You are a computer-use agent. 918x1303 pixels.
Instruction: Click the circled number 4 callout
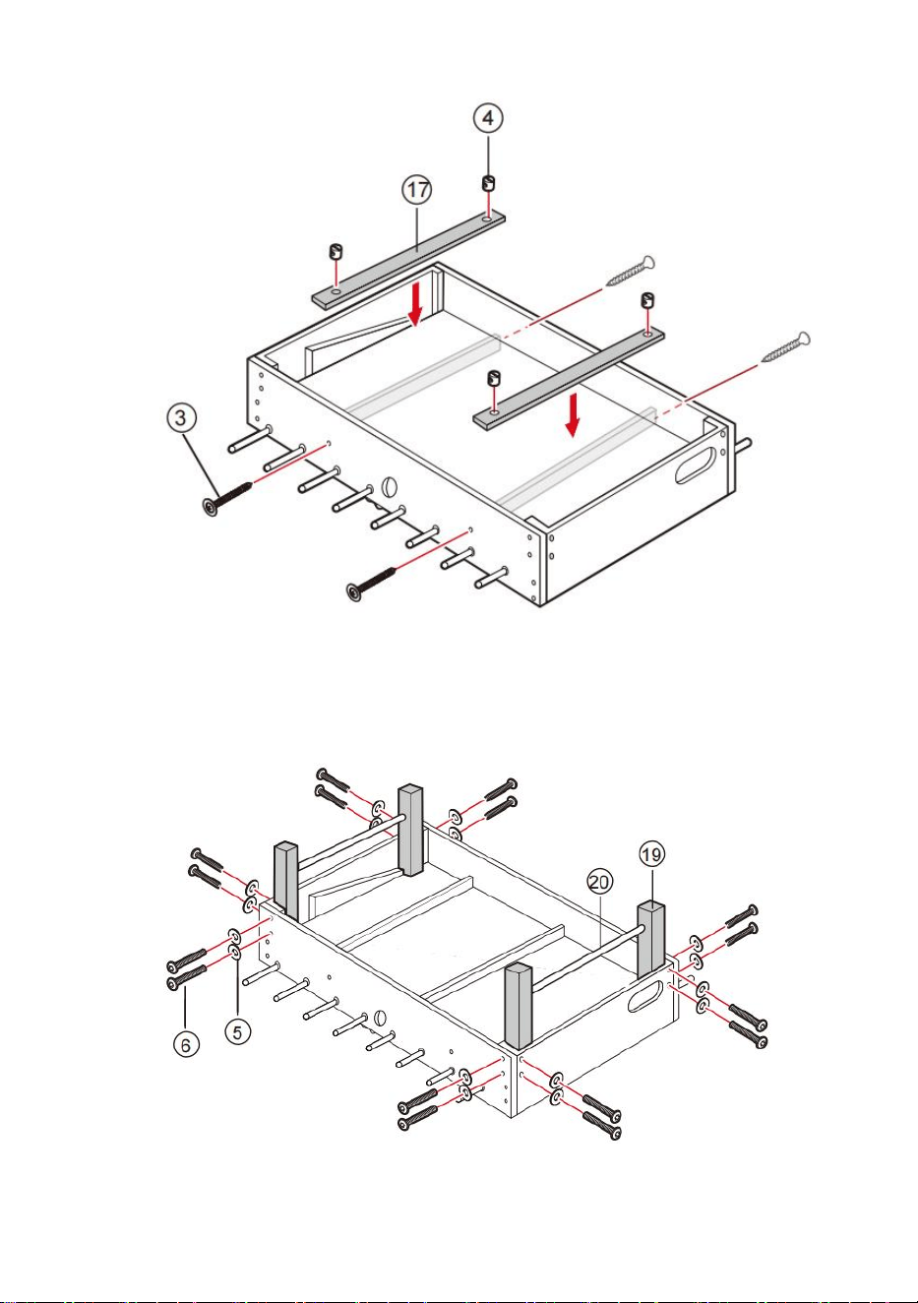click(x=487, y=118)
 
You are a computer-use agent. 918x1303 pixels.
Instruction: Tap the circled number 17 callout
click(x=417, y=190)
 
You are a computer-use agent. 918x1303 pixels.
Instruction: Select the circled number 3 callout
click(x=181, y=417)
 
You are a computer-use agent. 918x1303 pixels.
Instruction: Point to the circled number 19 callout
click(x=651, y=854)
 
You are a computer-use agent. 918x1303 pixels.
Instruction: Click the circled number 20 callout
click(x=599, y=883)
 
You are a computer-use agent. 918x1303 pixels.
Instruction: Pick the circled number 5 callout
click(x=237, y=1032)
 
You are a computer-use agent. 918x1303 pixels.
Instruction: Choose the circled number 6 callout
click(x=186, y=1045)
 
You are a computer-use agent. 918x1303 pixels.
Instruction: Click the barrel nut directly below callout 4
click(x=488, y=183)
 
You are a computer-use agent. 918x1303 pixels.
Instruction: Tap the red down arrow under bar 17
click(x=415, y=305)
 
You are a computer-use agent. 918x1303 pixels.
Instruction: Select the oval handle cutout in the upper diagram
click(x=696, y=465)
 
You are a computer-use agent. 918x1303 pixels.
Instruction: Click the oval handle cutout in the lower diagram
click(x=645, y=996)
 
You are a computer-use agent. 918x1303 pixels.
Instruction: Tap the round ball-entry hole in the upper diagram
click(x=390, y=487)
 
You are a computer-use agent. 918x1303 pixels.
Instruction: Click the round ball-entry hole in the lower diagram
click(x=380, y=1018)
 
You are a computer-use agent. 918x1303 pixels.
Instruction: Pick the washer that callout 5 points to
click(x=235, y=952)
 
